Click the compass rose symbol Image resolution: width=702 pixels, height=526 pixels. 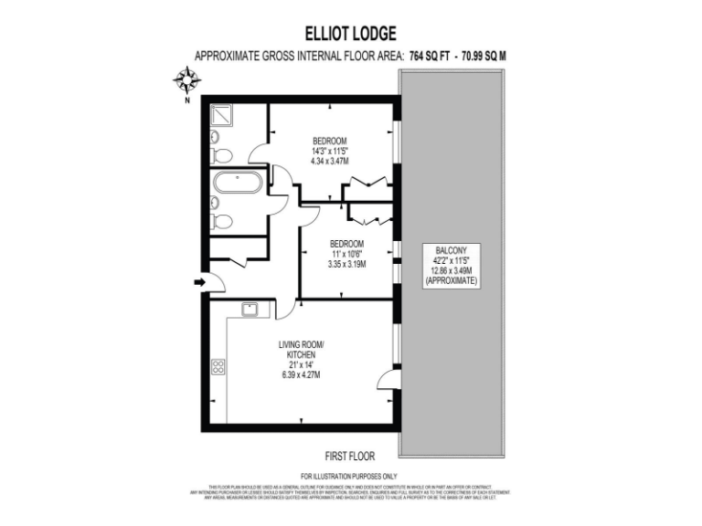[187, 80]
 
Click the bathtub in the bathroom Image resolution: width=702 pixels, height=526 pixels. [237, 183]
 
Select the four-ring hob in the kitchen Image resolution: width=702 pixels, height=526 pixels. [219, 366]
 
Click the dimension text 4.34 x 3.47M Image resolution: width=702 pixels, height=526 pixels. [329, 161]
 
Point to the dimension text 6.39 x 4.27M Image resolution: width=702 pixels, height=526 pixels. [301, 375]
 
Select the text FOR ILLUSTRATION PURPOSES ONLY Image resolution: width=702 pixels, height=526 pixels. [352, 476]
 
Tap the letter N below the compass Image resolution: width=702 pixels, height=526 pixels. [187, 100]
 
